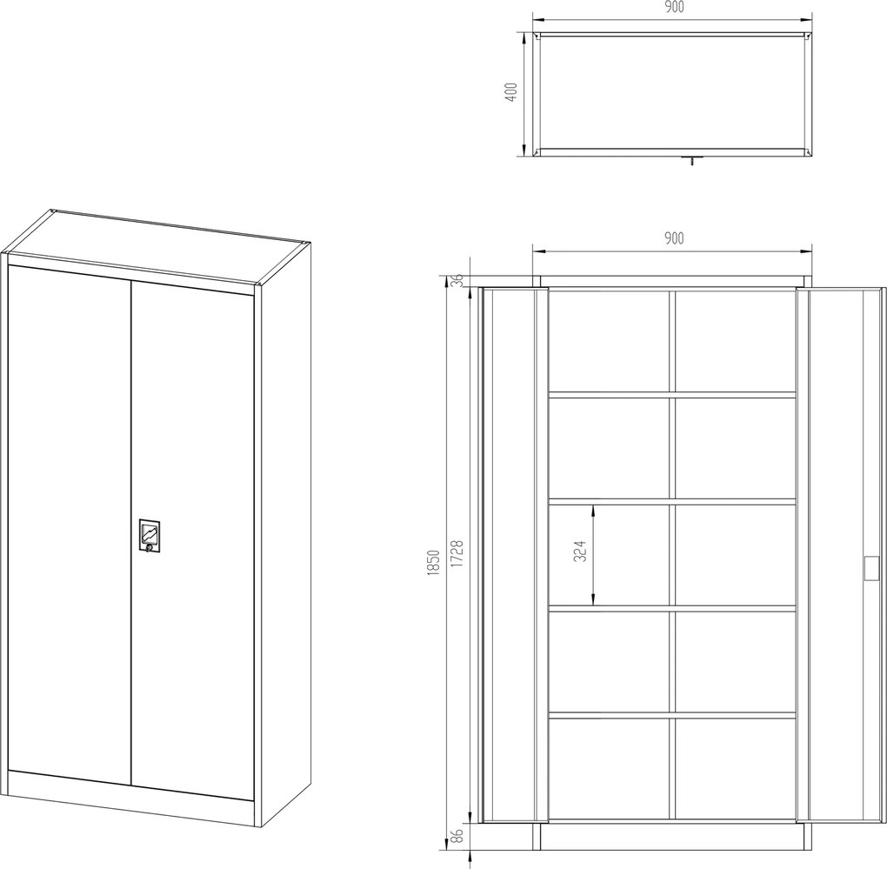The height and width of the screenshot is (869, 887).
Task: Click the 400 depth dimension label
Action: (511, 92)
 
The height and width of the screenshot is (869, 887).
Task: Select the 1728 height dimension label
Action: (457, 554)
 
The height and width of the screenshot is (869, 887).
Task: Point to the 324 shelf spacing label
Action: (580, 551)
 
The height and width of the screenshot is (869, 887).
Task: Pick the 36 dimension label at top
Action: (458, 280)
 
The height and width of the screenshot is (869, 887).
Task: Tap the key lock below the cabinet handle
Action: (149, 548)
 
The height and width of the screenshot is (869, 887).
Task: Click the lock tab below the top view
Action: (692, 160)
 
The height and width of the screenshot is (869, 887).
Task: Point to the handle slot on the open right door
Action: (871, 567)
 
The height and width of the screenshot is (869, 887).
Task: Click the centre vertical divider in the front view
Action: (672, 555)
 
